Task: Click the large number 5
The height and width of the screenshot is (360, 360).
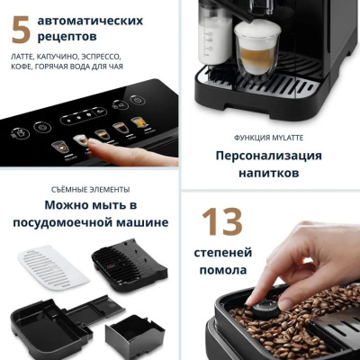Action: [21, 29]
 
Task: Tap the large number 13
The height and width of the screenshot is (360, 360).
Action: [220, 223]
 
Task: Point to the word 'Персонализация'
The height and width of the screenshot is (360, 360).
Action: [268, 154]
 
